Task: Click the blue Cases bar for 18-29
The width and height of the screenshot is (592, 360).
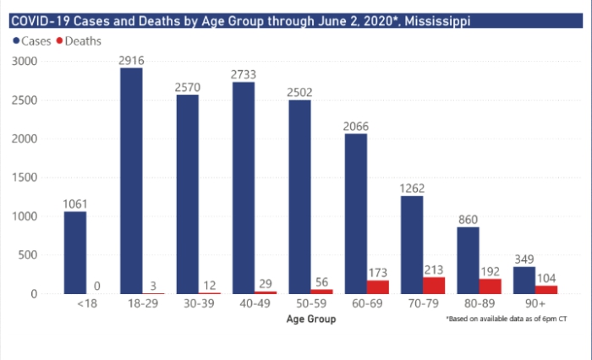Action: point(130,181)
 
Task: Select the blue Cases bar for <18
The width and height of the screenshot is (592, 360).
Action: point(74,253)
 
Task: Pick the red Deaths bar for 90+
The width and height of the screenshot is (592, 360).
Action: point(546,290)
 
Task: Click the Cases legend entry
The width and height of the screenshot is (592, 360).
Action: point(31,41)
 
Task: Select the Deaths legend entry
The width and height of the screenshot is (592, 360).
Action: point(81,41)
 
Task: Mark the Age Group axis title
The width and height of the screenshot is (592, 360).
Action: point(310,319)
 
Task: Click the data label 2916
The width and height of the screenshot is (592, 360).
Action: point(130,60)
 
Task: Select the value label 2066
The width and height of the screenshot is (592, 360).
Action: point(355,126)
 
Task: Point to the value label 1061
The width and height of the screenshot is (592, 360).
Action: point(74,204)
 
